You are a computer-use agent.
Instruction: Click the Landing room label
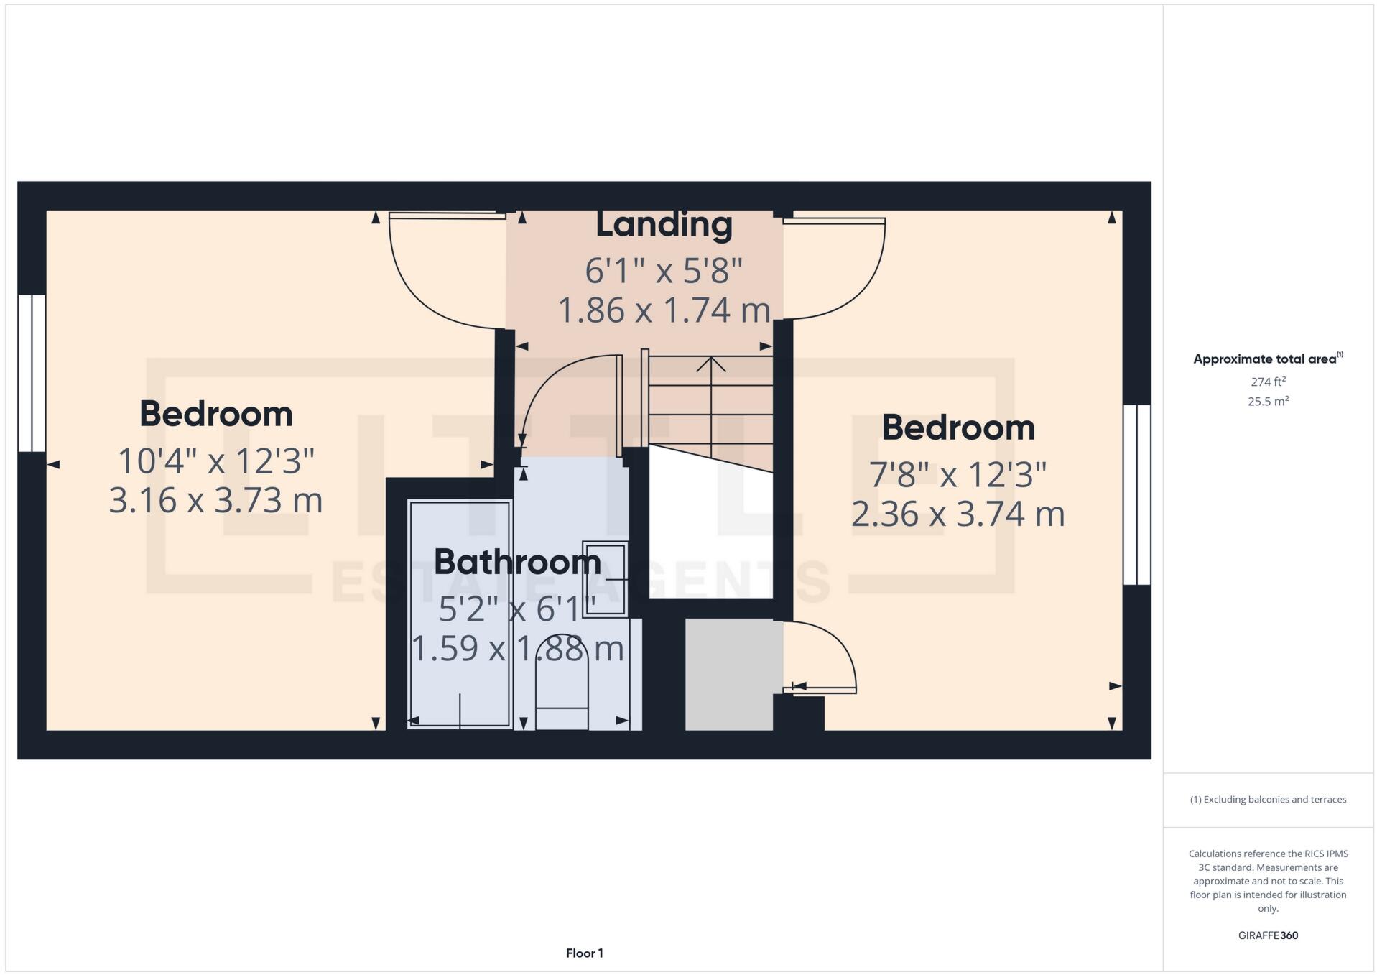click(x=664, y=224)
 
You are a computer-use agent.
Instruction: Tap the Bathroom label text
click(x=517, y=562)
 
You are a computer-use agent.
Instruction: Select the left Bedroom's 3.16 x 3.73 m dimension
click(x=215, y=500)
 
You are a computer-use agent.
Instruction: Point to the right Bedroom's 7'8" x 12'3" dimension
click(x=958, y=475)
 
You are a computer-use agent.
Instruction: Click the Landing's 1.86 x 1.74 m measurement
click(x=664, y=310)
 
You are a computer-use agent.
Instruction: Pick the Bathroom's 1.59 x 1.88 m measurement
click(x=517, y=649)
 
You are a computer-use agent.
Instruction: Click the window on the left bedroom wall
click(x=32, y=373)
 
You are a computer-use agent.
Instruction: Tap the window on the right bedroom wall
click(x=1136, y=494)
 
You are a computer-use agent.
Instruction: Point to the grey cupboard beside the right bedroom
click(x=728, y=675)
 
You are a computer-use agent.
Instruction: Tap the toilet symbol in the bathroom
click(x=562, y=683)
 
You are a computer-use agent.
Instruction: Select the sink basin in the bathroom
click(x=605, y=579)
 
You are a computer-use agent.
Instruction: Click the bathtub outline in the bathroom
click(x=460, y=614)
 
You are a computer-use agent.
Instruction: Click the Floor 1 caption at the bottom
click(x=584, y=953)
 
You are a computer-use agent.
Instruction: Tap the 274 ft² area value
click(x=1268, y=382)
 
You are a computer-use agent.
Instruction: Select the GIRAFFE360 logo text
click(x=1268, y=935)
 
